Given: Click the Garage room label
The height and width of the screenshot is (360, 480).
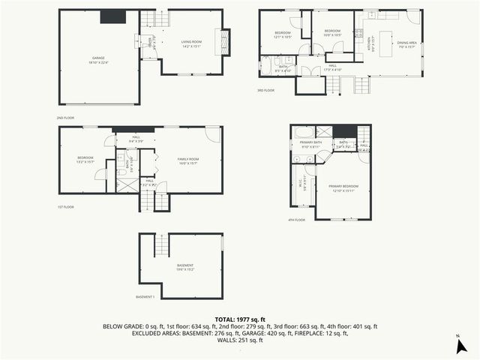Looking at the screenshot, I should click(98, 59).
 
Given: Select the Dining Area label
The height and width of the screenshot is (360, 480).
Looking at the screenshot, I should click(407, 44).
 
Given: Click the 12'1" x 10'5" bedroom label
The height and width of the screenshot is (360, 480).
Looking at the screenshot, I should click(282, 34).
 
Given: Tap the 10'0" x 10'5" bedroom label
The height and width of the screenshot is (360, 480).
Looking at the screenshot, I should click(332, 34).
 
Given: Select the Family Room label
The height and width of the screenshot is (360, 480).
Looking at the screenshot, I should click(187, 160).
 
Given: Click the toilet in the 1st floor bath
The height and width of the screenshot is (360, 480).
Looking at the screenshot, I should click(121, 172).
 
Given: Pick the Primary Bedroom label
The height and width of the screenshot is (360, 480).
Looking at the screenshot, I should click(343, 187).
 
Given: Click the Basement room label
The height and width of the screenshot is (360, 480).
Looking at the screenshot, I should click(185, 267).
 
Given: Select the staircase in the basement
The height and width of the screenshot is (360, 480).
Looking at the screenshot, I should click(160, 244).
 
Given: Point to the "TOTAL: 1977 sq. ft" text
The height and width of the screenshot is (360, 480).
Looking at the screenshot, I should click(239, 319).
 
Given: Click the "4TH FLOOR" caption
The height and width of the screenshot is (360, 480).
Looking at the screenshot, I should click(297, 220).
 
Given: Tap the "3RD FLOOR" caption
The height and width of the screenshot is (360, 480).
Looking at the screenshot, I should click(265, 90).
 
